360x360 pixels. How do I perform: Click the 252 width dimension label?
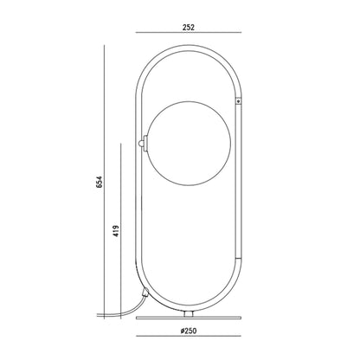coord(189,28)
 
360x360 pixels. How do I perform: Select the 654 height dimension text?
coord(99,182)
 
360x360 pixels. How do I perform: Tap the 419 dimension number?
coord(116,231)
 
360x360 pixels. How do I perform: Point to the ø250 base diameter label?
coord(189,331)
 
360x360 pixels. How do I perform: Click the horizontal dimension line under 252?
coord(189,33)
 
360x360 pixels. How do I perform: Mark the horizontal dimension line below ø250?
coord(189,336)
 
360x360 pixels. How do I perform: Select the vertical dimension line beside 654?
coord(104,182)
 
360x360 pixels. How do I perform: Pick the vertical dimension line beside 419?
coord(121,231)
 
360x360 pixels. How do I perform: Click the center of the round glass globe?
coord(190,143)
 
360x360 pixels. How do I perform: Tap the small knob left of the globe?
coord(140,143)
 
